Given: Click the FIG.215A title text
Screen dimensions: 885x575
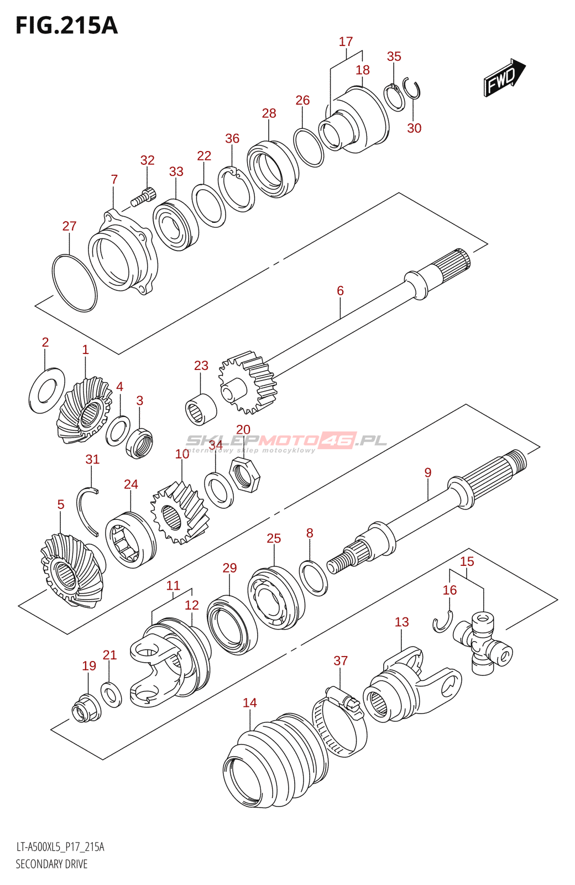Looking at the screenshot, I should (66, 25).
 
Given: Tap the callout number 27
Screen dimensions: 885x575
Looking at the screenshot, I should (69, 226).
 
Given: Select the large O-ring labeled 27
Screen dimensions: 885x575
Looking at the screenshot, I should (74, 283).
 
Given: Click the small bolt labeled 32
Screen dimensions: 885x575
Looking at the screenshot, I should (144, 196).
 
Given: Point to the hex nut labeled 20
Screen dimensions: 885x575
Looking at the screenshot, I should (245, 475).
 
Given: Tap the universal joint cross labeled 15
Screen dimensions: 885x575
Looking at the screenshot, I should (482, 642).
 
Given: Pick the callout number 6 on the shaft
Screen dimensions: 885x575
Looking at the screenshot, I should (340, 291).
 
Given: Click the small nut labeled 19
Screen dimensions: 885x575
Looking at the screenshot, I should (86, 708).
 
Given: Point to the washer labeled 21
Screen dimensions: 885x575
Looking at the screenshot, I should (111, 694).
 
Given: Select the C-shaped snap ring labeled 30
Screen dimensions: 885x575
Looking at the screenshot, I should (414, 89).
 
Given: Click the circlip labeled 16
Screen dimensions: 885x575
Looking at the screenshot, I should (442, 623).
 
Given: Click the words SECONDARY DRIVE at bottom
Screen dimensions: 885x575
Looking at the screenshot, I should (51, 864).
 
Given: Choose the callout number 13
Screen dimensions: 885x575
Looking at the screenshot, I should (402, 622).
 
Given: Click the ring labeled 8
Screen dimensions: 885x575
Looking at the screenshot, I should (313, 578).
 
